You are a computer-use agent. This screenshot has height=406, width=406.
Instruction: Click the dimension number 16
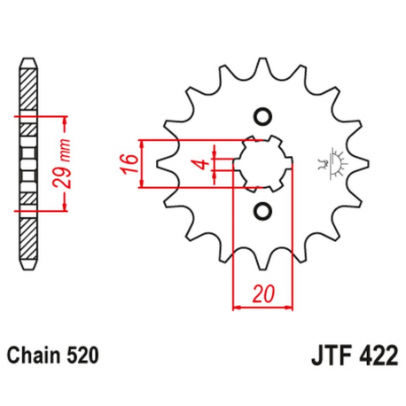[129, 163]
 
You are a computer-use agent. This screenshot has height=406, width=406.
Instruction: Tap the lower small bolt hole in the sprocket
[262, 210]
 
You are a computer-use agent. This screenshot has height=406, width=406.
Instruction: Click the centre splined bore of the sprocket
[261, 162]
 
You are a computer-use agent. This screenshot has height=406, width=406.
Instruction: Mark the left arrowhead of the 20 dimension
[236, 307]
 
